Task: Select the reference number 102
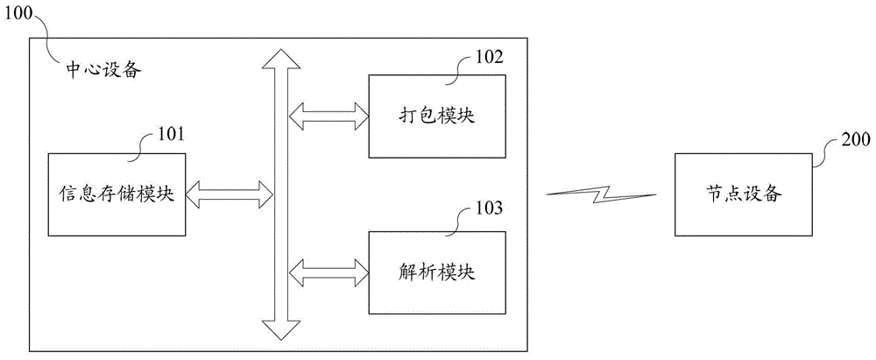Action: pyautogui.click(x=489, y=56)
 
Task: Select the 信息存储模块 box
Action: pyautogui.click(x=117, y=194)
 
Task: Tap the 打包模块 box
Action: pyautogui.click(x=437, y=116)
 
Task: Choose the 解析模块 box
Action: pyautogui.click(x=437, y=272)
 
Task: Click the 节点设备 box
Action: pyautogui.click(x=744, y=194)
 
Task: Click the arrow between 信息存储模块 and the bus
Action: pyautogui.click(x=229, y=194)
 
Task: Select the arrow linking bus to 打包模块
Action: pyautogui.click(x=328, y=116)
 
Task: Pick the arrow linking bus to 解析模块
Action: pyautogui.click(x=328, y=272)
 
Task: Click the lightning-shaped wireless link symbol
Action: pyautogui.click(x=601, y=194)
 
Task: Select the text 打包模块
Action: pyautogui.click(x=437, y=116)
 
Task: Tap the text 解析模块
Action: pyautogui.click(x=437, y=272)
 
